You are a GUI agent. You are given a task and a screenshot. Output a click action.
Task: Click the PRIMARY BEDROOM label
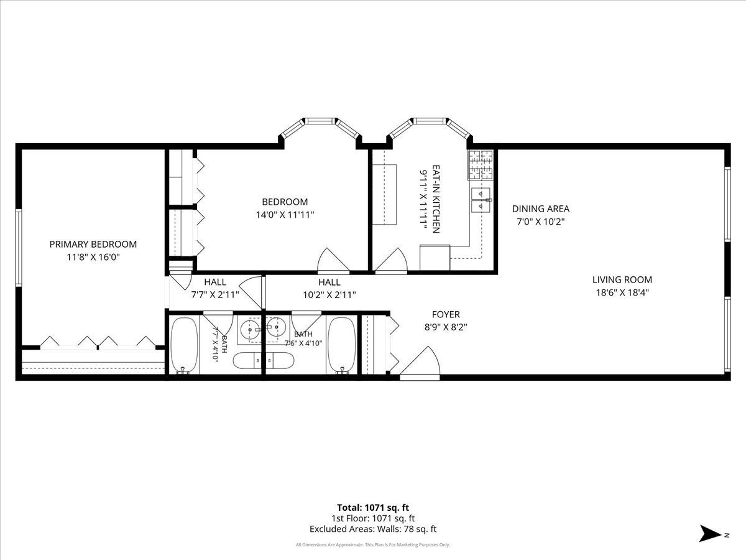pyautogui.click(x=93, y=244)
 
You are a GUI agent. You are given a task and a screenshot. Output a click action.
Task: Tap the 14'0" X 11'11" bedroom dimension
pyautogui.click(x=285, y=215)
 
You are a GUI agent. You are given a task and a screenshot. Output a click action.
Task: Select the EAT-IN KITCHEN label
pyautogui.click(x=436, y=199)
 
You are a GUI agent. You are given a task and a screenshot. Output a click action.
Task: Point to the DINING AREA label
pyautogui.click(x=541, y=209)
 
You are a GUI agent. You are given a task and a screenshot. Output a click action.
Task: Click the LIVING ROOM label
pyautogui.click(x=622, y=280)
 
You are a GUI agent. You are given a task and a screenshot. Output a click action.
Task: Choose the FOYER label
pyautogui.click(x=446, y=314)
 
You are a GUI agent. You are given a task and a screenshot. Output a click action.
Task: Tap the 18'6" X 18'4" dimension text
pyautogui.click(x=622, y=292)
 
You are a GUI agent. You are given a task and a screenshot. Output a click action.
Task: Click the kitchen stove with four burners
pyautogui.click(x=480, y=165)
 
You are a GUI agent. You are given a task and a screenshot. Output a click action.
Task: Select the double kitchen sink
pyautogui.click(x=481, y=200)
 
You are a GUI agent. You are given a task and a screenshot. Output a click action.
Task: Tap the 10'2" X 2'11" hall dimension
pyautogui.click(x=329, y=295)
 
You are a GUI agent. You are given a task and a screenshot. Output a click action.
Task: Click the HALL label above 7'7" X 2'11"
pyautogui.click(x=215, y=282)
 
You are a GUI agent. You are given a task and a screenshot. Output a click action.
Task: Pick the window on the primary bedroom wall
pyautogui.click(x=19, y=248)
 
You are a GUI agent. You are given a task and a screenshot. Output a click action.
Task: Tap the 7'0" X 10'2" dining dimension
pyautogui.click(x=541, y=222)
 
